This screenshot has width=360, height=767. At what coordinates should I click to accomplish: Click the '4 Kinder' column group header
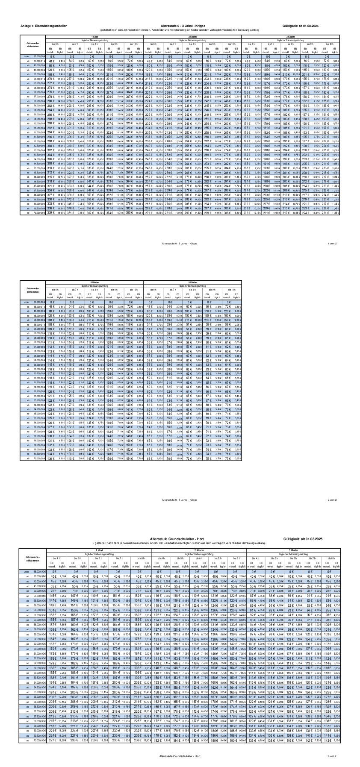coord(94,283)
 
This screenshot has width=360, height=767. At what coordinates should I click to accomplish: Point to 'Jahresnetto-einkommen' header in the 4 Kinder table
coord(33,291)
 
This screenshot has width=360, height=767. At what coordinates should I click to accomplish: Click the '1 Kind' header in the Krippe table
coord(94,37)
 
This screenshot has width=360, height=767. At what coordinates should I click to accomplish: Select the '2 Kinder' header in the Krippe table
coord(192,37)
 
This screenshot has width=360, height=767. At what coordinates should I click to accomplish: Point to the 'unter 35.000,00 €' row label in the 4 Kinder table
coord(33,302)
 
